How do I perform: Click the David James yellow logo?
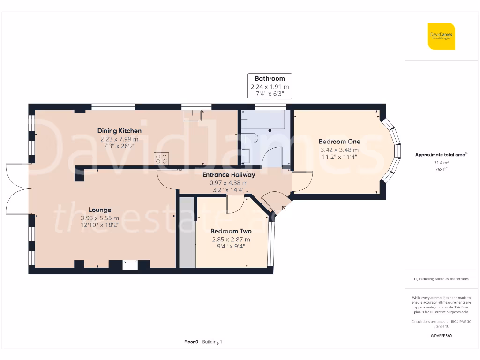coord(441,36)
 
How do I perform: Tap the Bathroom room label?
coord(270,78)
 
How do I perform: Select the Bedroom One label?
coord(339,142)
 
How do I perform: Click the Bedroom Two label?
coord(231,231)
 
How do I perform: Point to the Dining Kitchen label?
coord(120,131)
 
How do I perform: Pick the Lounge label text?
coord(100,210)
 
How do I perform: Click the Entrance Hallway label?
coord(229,175)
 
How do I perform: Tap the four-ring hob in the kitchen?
coord(162,159)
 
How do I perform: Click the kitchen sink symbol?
coord(193,115)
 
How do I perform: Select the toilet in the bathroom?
coord(249,139)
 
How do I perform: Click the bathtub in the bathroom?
coord(262,120)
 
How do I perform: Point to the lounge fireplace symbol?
coord(129,265)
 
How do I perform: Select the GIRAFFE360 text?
coord(441,336)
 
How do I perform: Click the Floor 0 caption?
coord(191,342)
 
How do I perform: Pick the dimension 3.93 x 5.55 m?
coord(99,218)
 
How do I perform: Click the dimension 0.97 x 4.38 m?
coord(229,183)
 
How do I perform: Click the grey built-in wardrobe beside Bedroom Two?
coord(187,232)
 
